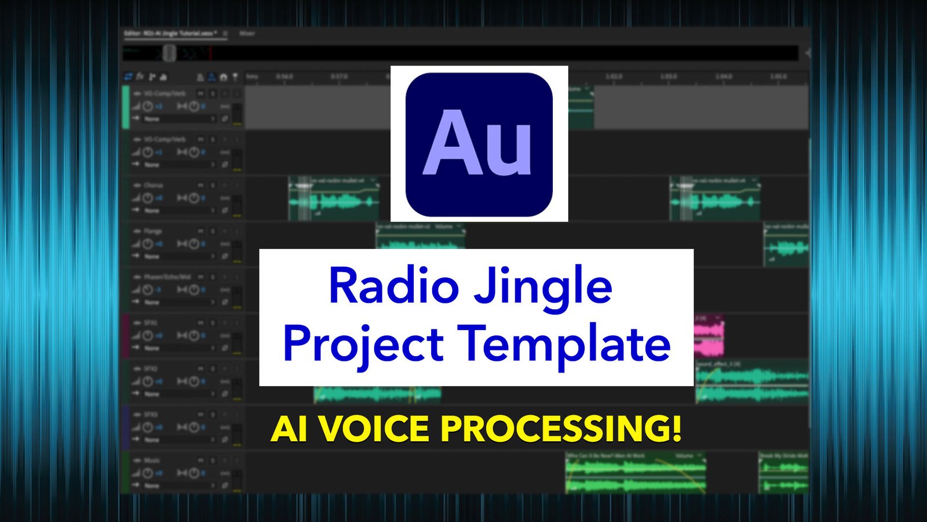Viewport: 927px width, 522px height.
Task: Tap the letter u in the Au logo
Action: tap(508, 150)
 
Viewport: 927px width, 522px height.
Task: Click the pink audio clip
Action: tap(709, 336)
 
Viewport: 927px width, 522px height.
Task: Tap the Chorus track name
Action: tap(154, 186)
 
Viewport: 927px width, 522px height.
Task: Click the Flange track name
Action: tap(153, 231)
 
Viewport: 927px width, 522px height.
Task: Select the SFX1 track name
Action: tap(151, 323)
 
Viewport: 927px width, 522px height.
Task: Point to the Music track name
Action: tap(152, 461)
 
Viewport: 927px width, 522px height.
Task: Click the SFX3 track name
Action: tap(151, 415)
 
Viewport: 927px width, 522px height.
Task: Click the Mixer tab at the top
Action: tap(247, 34)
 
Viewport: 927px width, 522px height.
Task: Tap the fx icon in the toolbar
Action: tap(140, 77)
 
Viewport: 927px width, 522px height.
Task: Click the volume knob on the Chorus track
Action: tap(148, 198)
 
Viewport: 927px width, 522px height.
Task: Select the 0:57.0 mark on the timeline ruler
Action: tap(339, 77)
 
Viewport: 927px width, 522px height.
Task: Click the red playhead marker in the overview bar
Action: tap(211, 53)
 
